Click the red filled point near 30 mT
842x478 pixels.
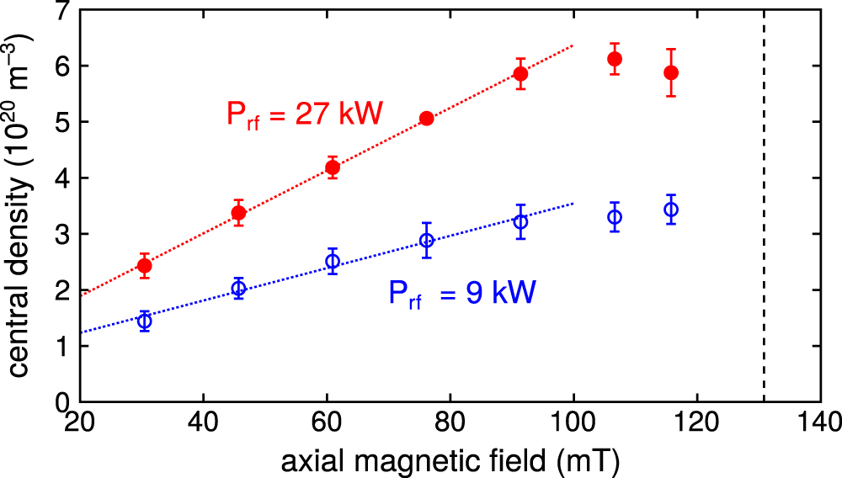coord(144,266)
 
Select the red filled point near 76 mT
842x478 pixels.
coord(427,119)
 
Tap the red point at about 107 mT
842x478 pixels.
coord(615,59)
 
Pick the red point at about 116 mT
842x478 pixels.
coord(671,73)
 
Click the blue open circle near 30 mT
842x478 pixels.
coord(144,321)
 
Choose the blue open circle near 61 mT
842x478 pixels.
coord(333,262)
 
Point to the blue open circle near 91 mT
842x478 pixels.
coord(521,222)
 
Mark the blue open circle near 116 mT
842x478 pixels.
coord(671,210)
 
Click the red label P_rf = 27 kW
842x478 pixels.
coord(304,114)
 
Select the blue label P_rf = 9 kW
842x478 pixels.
coord(462,294)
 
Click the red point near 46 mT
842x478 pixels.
coord(238,213)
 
